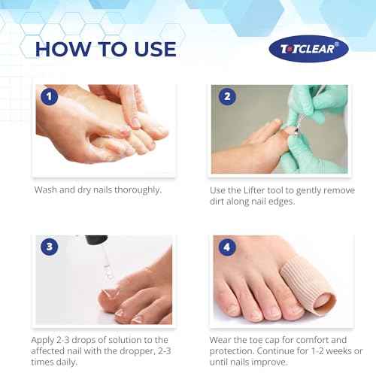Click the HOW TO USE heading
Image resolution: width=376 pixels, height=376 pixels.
pos(105,49)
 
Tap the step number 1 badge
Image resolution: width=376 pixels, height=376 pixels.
pos(49,97)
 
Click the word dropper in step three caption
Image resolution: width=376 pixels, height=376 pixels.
pos(135,353)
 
